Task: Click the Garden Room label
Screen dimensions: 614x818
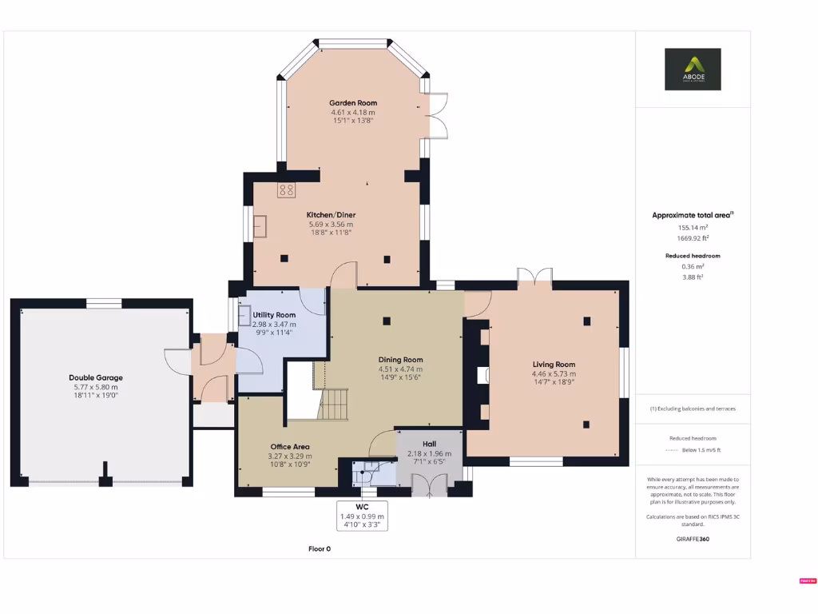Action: click(353, 103)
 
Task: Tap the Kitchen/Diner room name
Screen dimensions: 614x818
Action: click(331, 215)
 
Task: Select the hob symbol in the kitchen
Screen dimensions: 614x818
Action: click(286, 190)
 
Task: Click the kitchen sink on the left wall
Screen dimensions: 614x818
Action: click(261, 226)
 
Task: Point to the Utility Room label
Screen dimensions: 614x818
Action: click(274, 315)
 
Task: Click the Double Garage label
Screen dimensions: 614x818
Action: click(96, 377)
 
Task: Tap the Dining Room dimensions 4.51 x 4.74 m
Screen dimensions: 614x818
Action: click(400, 369)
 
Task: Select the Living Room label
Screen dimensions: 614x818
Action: click(554, 365)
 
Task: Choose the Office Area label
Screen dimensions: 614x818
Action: click(289, 447)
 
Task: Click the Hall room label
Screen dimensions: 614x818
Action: click(429, 444)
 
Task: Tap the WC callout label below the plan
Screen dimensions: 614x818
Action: click(362, 507)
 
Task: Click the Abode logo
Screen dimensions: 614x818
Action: click(693, 69)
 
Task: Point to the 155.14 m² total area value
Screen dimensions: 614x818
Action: click(693, 227)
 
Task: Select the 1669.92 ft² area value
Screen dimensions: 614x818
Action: click(693, 237)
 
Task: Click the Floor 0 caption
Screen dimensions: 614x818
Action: click(320, 548)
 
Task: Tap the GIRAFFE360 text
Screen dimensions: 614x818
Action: click(693, 539)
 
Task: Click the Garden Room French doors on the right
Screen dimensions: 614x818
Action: click(436, 117)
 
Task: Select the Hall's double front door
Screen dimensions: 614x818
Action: click(430, 485)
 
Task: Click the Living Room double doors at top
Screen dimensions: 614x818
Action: click(534, 277)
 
